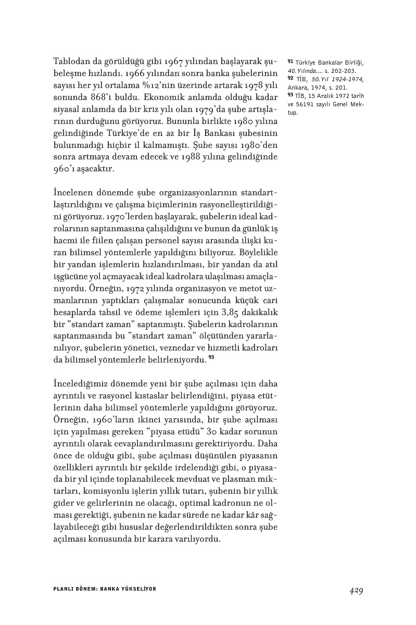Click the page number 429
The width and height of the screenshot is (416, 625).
pyautogui.click(x=356, y=591)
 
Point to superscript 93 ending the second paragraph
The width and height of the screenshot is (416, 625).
pyautogui.click(x=211, y=358)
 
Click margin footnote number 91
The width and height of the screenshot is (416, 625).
pyautogui.click(x=289, y=62)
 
